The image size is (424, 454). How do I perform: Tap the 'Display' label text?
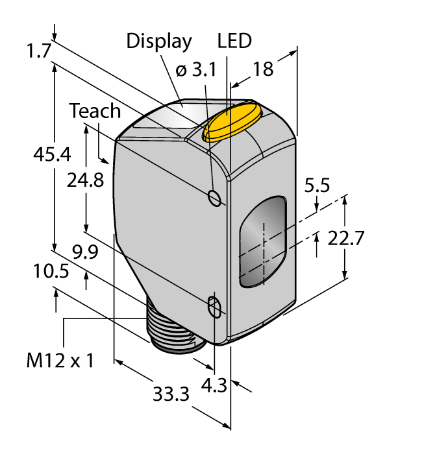coord(159,42)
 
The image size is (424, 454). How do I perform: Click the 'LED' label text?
coord(234,42)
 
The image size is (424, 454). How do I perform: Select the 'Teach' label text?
coord(95,111)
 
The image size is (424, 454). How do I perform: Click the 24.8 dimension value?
coord(85,180)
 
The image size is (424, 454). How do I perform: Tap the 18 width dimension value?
coord(263,69)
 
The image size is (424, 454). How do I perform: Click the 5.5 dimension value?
coord(317,185)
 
